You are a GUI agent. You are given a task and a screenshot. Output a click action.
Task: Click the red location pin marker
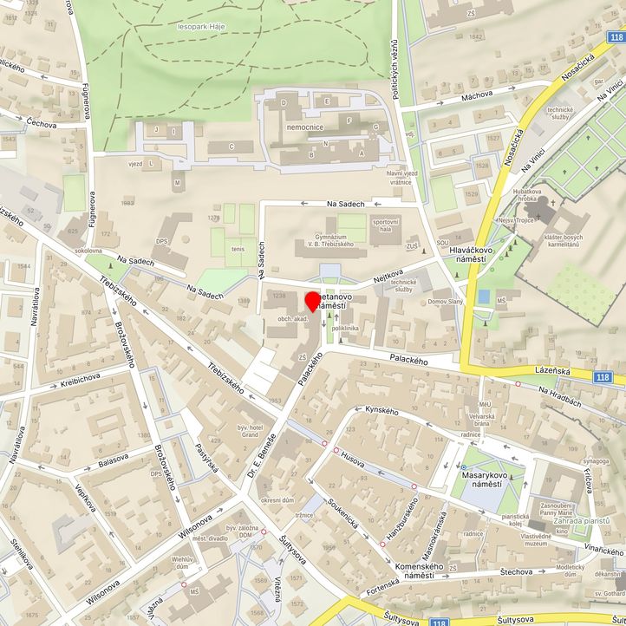(313, 302)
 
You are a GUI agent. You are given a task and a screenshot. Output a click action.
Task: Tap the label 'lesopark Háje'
(201, 27)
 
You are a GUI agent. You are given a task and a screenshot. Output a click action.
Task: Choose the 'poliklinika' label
(345, 329)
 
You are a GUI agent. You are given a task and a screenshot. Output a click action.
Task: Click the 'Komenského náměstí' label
(419, 571)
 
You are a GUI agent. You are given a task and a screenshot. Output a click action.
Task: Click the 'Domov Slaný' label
(448, 303)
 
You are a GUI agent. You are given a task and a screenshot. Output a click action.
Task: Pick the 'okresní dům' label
(277, 500)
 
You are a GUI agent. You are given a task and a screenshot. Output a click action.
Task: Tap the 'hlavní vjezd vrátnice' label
(399, 178)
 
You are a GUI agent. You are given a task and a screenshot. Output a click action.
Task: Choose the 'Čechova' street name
(41, 125)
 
